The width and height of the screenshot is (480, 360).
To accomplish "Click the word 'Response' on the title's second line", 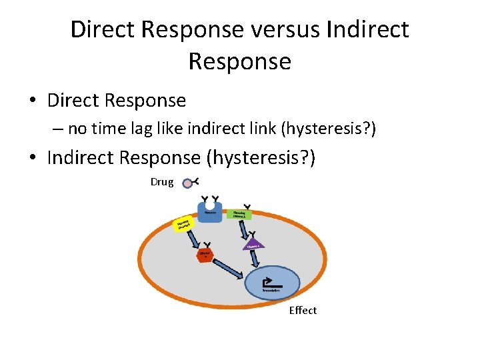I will point(240,61).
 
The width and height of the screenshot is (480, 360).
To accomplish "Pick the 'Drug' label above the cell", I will point(162,182).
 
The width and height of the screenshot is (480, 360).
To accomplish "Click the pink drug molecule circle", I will point(187,183).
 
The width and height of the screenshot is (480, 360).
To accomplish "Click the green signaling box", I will point(239,215).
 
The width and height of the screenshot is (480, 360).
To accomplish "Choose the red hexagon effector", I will point(205,256).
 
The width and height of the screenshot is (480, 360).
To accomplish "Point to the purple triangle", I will point(255,245).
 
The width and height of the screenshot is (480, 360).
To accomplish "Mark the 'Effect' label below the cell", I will point(303,311).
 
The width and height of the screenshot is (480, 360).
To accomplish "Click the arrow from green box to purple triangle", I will point(245,231).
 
